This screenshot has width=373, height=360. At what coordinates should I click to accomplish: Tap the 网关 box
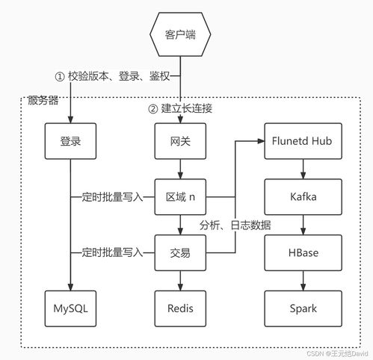tap(180, 139)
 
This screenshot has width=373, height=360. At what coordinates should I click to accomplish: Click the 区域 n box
tap(180, 196)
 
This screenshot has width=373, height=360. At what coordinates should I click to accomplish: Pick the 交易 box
tap(180, 252)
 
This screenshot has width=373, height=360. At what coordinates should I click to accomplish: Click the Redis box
tap(180, 308)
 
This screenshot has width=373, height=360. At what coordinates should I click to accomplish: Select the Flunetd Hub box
tap(303, 139)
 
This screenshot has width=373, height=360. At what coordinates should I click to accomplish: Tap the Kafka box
tap(303, 196)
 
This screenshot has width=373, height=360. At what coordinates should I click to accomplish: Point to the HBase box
tap(303, 252)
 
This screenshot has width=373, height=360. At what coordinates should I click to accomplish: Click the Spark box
tap(303, 308)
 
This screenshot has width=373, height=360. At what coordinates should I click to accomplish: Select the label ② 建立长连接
tap(180, 109)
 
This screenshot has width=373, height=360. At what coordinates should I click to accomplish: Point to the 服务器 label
tap(43, 100)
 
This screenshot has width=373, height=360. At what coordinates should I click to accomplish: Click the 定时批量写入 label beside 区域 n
tap(111, 197)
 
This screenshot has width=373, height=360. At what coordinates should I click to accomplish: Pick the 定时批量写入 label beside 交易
tap(111, 253)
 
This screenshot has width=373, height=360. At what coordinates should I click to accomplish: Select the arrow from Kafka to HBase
tap(303, 224)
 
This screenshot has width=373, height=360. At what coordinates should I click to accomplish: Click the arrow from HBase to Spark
tap(303, 280)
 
